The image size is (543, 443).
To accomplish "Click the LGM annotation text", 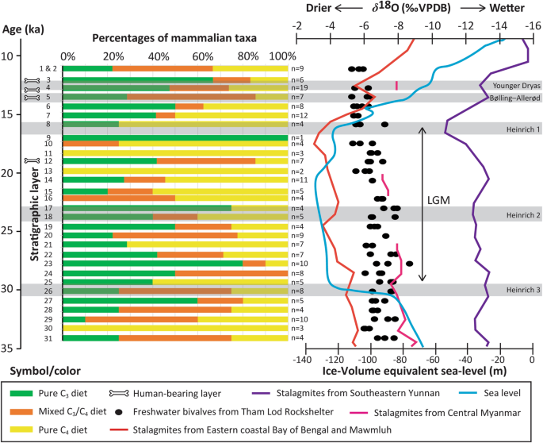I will tap(438, 201).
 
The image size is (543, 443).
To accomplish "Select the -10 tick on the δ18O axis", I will tap(433, 24).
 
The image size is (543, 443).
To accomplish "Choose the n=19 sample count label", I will tap(299, 87).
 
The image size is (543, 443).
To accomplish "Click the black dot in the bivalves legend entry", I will tap(119, 412).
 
